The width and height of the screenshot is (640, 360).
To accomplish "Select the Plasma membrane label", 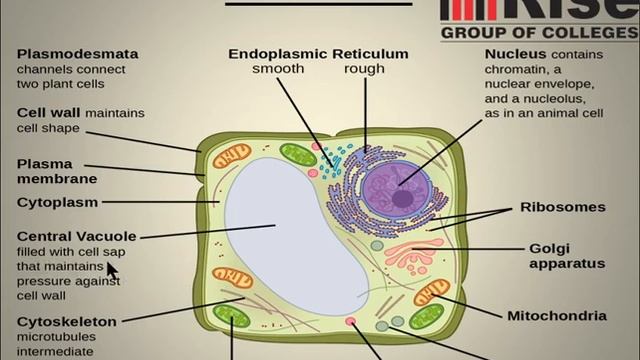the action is click(56, 171).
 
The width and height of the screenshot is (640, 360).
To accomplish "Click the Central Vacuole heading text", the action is click(77, 236).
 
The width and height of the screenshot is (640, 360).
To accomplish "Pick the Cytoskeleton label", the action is click(67, 322).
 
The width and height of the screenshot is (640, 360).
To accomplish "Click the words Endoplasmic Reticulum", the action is click(318, 54).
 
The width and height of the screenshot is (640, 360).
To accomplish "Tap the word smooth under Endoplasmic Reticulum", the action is click(276, 70).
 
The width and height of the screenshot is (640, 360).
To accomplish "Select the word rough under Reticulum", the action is click(364, 70).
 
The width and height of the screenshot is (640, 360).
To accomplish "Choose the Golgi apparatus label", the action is click(566, 256).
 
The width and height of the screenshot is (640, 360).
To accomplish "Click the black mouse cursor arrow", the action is click(112, 271).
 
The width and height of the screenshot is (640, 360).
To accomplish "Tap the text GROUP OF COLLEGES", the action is click(541, 32).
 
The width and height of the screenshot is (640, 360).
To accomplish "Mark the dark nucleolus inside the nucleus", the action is click(402, 198).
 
